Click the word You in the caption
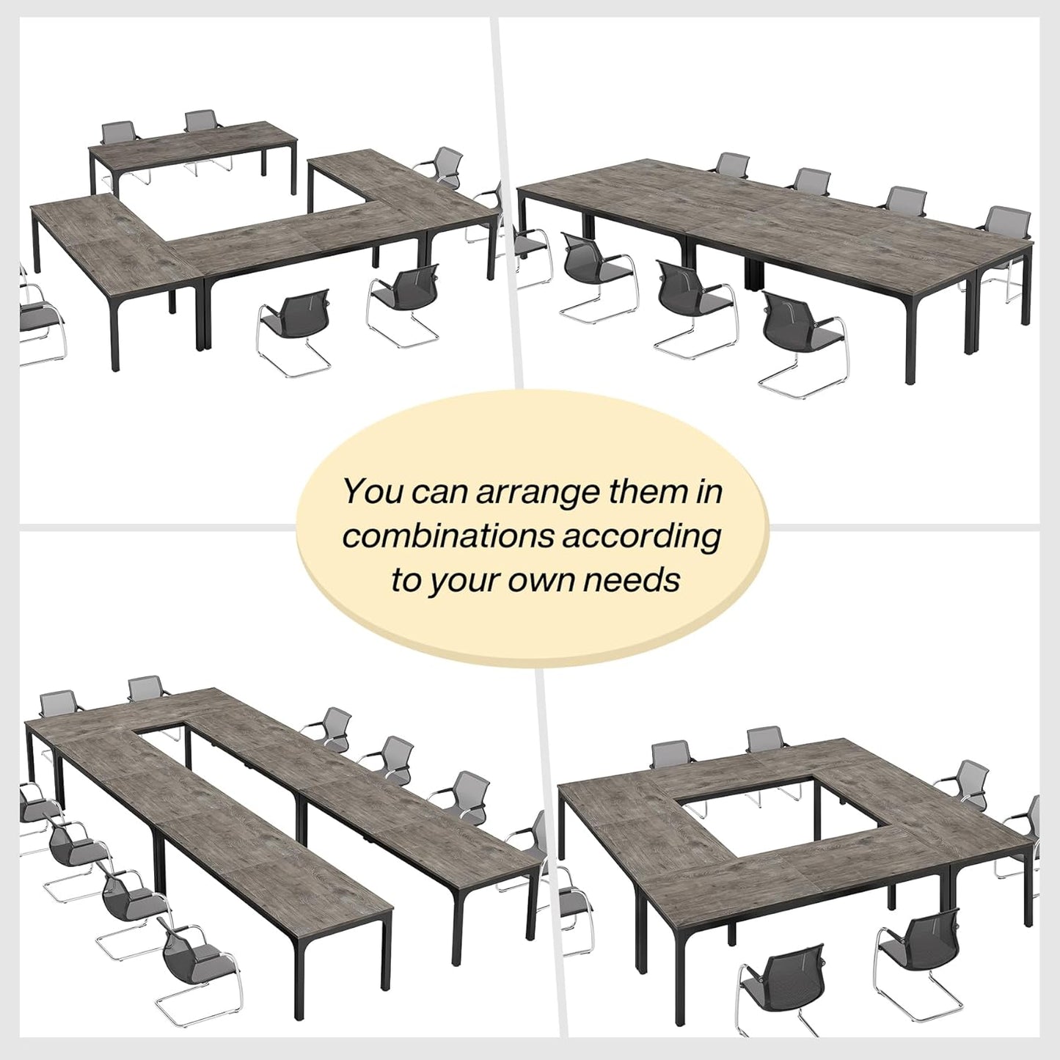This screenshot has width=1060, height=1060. (x=373, y=491)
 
